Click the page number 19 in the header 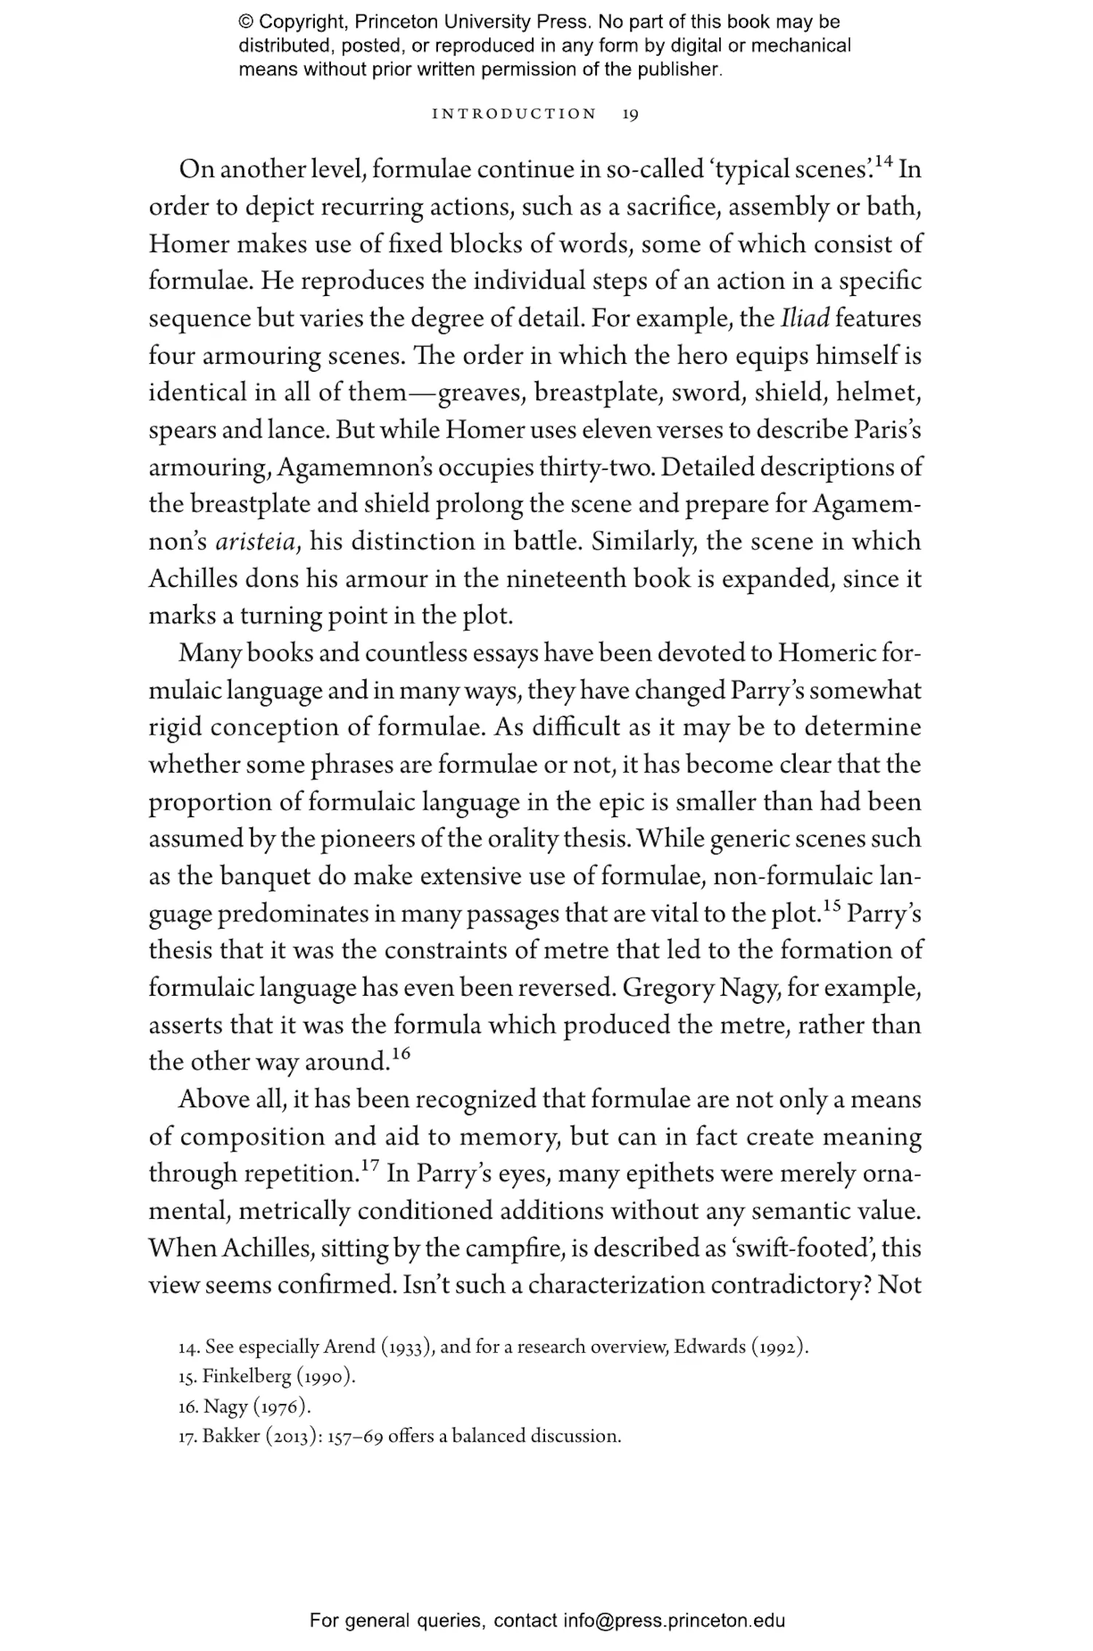click(x=630, y=114)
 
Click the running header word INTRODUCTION click(x=514, y=114)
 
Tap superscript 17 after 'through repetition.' click(x=370, y=1166)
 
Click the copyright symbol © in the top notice click(x=246, y=23)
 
